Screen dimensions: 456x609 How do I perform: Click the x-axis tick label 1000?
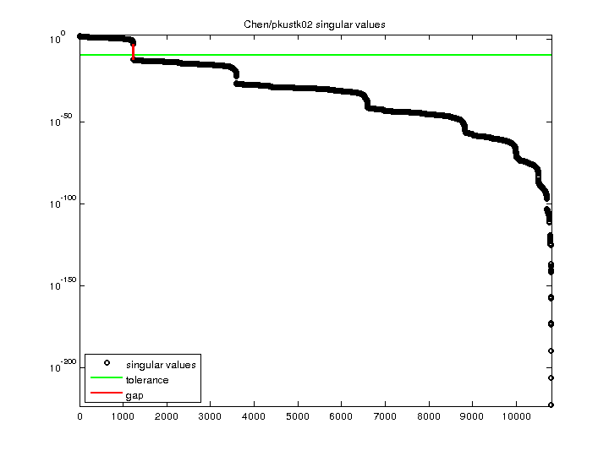tap(123, 416)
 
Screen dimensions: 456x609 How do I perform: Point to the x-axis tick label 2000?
tap(167, 416)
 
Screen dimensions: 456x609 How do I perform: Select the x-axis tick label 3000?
tap(211, 416)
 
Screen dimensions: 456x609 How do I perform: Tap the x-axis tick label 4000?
tap(255, 416)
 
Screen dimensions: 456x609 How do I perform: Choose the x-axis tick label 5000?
tap(298, 416)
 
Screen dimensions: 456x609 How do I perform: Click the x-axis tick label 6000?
tap(342, 416)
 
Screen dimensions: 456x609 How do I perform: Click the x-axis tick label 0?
tap(80, 416)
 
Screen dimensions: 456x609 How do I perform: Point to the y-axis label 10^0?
tap(58, 39)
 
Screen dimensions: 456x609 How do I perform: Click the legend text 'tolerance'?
tap(147, 380)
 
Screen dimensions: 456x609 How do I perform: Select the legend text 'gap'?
tap(134, 395)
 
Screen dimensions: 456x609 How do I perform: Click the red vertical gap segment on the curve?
tap(133, 52)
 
